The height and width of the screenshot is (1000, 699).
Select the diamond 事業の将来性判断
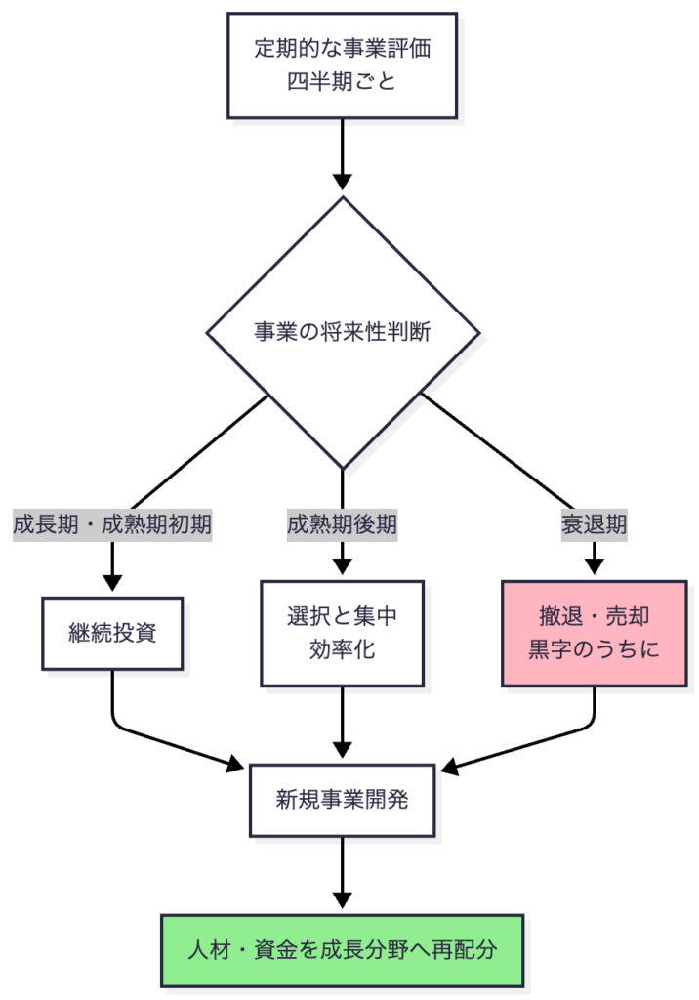(x=342, y=332)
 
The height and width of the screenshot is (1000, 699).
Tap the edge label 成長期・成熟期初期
(x=112, y=524)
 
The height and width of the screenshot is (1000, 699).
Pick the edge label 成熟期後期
(x=342, y=524)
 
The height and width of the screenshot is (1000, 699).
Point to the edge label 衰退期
(x=594, y=524)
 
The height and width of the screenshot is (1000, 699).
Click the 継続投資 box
(x=112, y=632)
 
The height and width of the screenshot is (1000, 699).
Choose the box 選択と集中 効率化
(x=342, y=632)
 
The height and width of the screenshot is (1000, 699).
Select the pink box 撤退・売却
(x=594, y=632)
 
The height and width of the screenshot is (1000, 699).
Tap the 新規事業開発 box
(x=342, y=800)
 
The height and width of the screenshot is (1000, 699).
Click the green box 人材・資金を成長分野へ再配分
(x=342, y=950)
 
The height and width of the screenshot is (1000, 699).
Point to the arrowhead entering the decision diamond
(x=342, y=182)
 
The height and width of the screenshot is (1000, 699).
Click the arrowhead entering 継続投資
(x=112, y=582)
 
